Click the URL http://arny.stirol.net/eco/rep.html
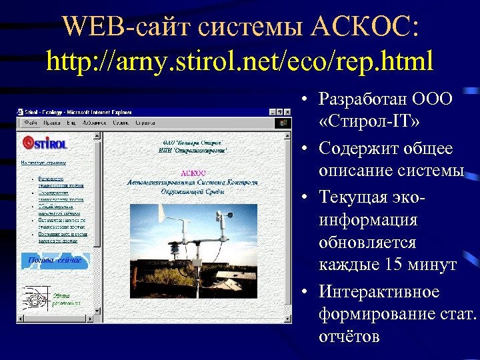click(x=240, y=61)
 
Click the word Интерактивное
click(x=379, y=292)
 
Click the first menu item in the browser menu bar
click(x=29, y=123)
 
